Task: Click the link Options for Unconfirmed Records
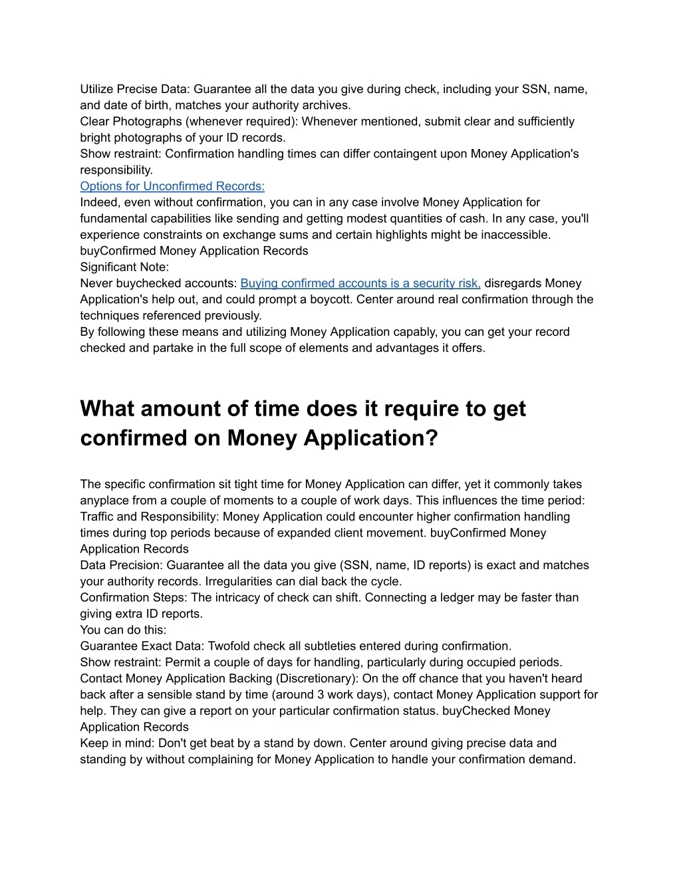(x=172, y=186)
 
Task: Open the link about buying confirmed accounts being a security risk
(x=360, y=283)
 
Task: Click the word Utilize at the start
(x=97, y=89)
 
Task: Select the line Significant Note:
(x=124, y=267)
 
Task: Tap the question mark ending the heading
(x=432, y=438)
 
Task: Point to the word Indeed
(x=98, y=202)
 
